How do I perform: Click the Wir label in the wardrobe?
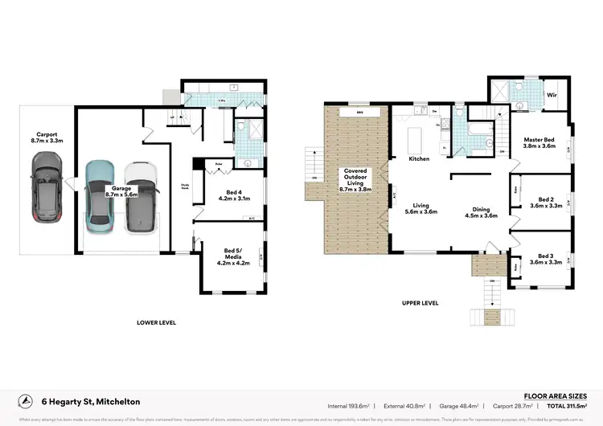click(553, 94)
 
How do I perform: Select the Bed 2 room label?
click(547, 203)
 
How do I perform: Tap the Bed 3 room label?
click(547, 258)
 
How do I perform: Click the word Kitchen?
click(419, 159)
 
